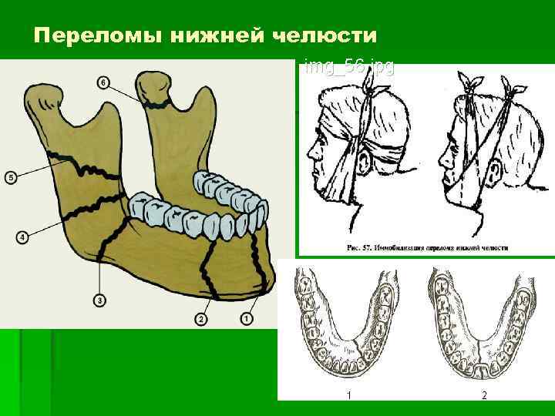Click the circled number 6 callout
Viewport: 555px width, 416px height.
point(103,82)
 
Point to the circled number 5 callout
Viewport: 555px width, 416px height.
point(10,177)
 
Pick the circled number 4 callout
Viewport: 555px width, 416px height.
point(22,237)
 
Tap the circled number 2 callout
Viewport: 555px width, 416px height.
point(201,317)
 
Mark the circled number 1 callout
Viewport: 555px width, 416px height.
point(247,317)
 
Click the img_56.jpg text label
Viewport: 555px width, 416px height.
point(348,67)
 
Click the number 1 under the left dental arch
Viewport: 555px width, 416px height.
point(348,396)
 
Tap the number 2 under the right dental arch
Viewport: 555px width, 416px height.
point(484,396)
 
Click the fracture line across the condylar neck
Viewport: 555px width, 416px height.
point(159,102)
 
